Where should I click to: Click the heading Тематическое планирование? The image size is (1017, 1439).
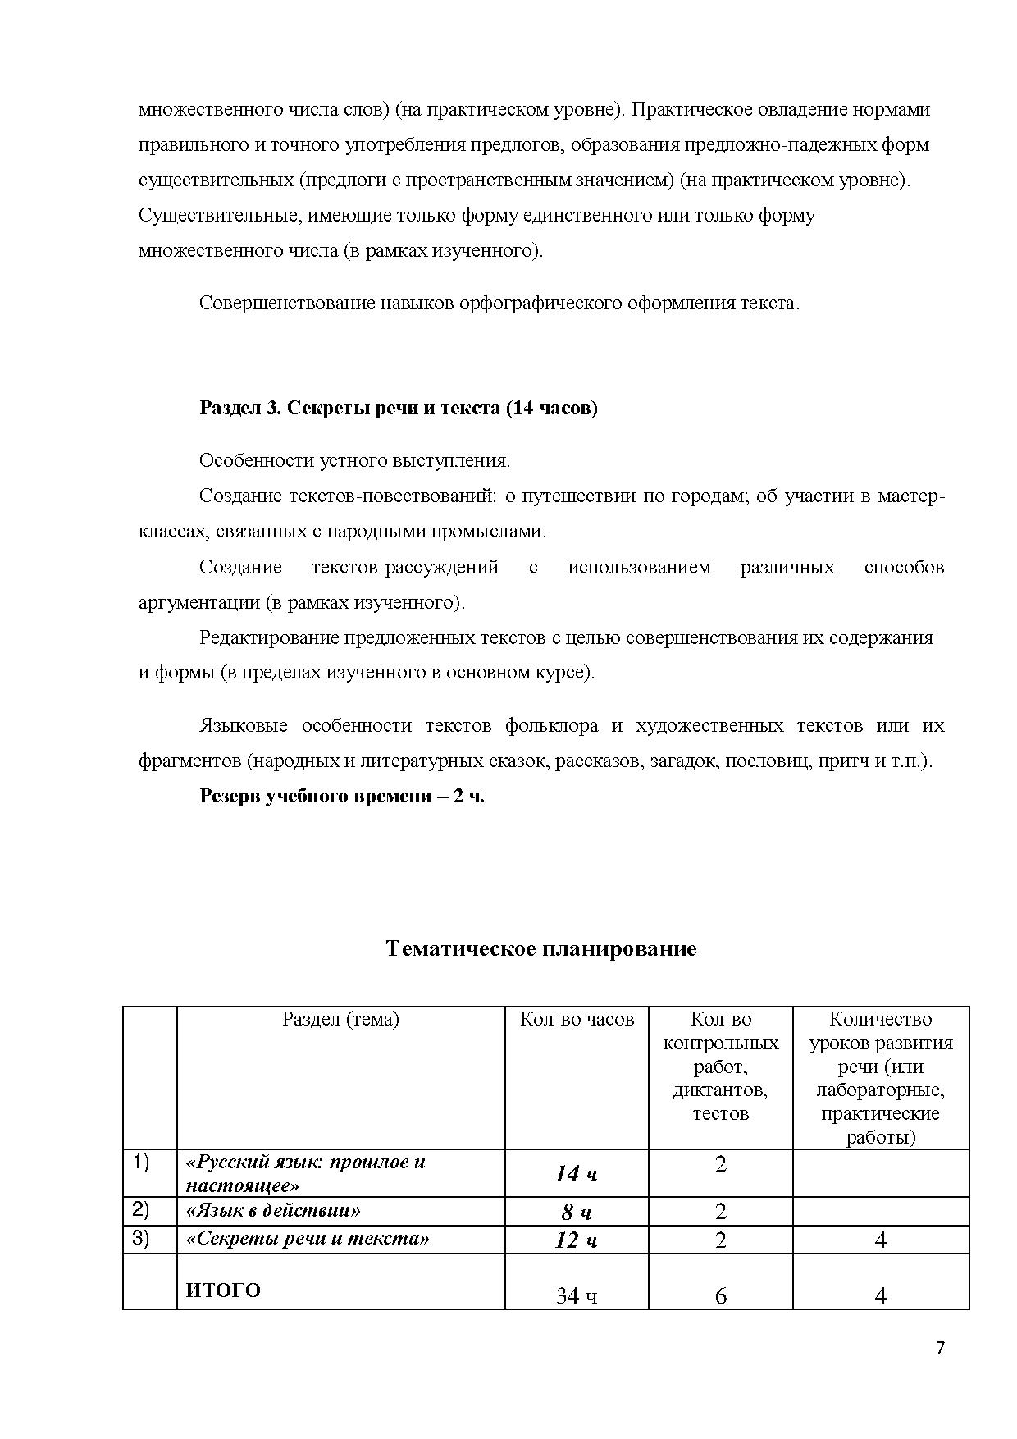(x=540, y=949)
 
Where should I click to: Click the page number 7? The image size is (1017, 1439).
(x=940, y=1348)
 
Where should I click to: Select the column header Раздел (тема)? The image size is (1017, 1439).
(x=340, y=1020)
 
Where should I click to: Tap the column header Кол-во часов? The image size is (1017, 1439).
(x=577, y=1020)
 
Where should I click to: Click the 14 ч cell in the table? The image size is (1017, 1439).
(x=576, y=1174)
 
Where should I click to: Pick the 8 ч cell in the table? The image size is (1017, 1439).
(x=576, y=1212)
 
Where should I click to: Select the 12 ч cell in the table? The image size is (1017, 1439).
(x=576, y=1240)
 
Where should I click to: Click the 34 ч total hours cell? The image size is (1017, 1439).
(x=576, y=1296)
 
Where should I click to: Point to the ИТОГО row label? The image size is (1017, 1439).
(x=223, y=1291)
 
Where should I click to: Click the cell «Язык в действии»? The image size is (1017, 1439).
(x=274, y=1210)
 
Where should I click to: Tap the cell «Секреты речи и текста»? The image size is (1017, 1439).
(x=308, y=1238)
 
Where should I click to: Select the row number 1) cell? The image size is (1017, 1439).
(x=141, y=1163)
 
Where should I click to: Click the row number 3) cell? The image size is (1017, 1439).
(x=141, y=1238)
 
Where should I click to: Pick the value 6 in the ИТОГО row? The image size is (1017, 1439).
(x=720, y=1296)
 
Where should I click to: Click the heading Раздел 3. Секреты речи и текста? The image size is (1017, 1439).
(x=399, y=408)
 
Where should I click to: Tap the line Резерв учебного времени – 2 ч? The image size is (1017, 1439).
(x=342, y=796)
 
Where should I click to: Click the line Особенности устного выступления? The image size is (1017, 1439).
(x=354, y=460)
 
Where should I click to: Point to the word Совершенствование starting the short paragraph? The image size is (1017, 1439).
(x=285, y=303)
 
